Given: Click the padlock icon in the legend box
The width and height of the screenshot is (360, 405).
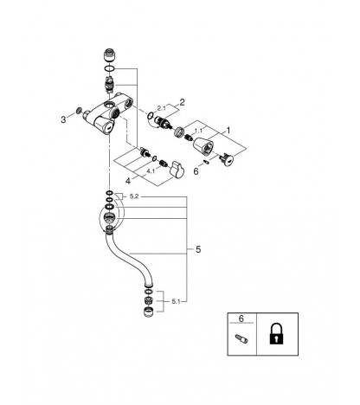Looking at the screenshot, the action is [277, 333].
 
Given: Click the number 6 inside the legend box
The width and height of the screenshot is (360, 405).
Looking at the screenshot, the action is [241, 318].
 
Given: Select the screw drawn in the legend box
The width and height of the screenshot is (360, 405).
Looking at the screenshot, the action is [241, 338].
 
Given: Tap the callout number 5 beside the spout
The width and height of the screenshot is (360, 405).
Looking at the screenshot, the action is [198, 249].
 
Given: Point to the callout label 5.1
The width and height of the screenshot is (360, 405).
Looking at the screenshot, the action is [176, 301].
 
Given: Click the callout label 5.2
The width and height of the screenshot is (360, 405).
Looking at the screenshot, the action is [134, 196].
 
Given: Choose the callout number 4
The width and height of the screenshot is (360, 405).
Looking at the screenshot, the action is [128, 181].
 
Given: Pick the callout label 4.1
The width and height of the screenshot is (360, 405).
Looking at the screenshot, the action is [151, 171].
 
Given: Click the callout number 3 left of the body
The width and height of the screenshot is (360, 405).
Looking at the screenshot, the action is [63, 119].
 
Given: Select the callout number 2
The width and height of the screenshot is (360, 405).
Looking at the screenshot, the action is [182, 102].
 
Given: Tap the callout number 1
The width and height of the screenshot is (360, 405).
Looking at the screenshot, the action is [228, 131].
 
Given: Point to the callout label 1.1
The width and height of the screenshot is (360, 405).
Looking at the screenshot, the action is [198, 131].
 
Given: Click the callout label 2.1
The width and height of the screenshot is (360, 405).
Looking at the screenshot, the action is [162, 108].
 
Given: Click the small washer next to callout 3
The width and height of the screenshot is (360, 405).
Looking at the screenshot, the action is [78, 110].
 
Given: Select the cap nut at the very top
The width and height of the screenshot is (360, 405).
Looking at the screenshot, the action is [109, 55].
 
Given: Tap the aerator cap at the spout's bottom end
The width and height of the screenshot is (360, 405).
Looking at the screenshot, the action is [149, 312].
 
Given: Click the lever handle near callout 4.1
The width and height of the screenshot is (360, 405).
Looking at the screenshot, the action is [177, 169].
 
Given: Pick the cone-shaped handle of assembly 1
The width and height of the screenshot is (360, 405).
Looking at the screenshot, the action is [203, 145].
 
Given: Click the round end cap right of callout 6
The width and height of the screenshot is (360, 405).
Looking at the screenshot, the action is [227, 160].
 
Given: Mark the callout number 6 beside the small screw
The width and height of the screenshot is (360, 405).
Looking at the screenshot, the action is [196, 172].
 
